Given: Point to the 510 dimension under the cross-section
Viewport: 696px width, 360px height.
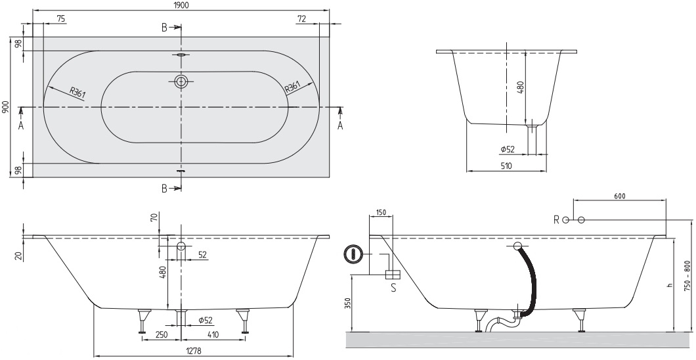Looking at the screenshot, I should (506, 167).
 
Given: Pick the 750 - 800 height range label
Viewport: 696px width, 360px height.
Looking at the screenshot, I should (688, 276).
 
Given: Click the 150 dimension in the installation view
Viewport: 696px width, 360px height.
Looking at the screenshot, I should (381, 213).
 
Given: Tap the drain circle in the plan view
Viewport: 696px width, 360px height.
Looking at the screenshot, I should (181, 81).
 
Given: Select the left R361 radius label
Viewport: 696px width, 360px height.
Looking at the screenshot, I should (77, 93).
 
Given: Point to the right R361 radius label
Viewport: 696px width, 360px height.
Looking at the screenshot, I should (293, 87).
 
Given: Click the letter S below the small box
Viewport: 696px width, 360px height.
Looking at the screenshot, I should (393, 287).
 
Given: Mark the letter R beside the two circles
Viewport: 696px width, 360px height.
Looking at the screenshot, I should (556, 219).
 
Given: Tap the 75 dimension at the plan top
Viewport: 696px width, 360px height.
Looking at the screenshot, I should (60, 19).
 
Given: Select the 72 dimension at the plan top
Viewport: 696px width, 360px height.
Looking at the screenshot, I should (301, 19).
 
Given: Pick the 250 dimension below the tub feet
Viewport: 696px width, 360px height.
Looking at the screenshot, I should (162, 334).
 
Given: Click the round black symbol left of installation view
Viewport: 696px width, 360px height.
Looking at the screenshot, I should (354, 253).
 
